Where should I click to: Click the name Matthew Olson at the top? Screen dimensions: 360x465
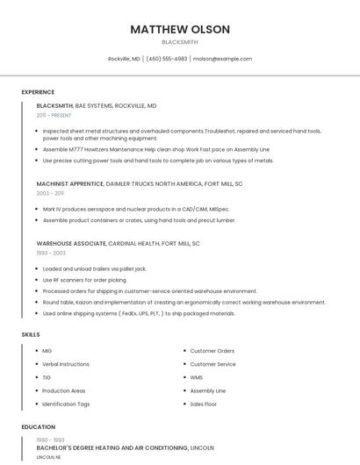pos(180,29)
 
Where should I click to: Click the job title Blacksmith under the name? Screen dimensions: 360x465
pos(180,42)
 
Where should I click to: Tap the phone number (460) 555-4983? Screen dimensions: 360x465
pos(167,59)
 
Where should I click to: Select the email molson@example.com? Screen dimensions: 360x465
pos(222,59)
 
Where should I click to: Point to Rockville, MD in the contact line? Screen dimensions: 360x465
pos(124,59)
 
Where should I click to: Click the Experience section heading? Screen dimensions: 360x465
pos(38,92)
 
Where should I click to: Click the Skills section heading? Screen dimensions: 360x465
pos(31,334)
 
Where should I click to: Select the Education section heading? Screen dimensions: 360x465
pos(38,427)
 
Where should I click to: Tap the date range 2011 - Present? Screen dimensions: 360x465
pos(54,115)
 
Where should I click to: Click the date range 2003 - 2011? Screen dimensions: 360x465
pos(50,193)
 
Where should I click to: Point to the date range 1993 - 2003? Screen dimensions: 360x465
pos(50,253)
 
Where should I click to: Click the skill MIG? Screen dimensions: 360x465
pos(47,351)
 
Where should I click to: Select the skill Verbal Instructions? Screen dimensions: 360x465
pos(66,364)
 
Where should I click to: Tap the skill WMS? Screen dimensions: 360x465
pos(197,377)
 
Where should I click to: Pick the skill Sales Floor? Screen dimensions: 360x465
pos(204,404)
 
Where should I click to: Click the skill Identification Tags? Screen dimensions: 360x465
pos(66,404)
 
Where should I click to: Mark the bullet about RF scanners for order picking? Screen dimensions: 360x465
pos(85,280)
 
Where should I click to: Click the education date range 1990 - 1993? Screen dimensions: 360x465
pos(50,440)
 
